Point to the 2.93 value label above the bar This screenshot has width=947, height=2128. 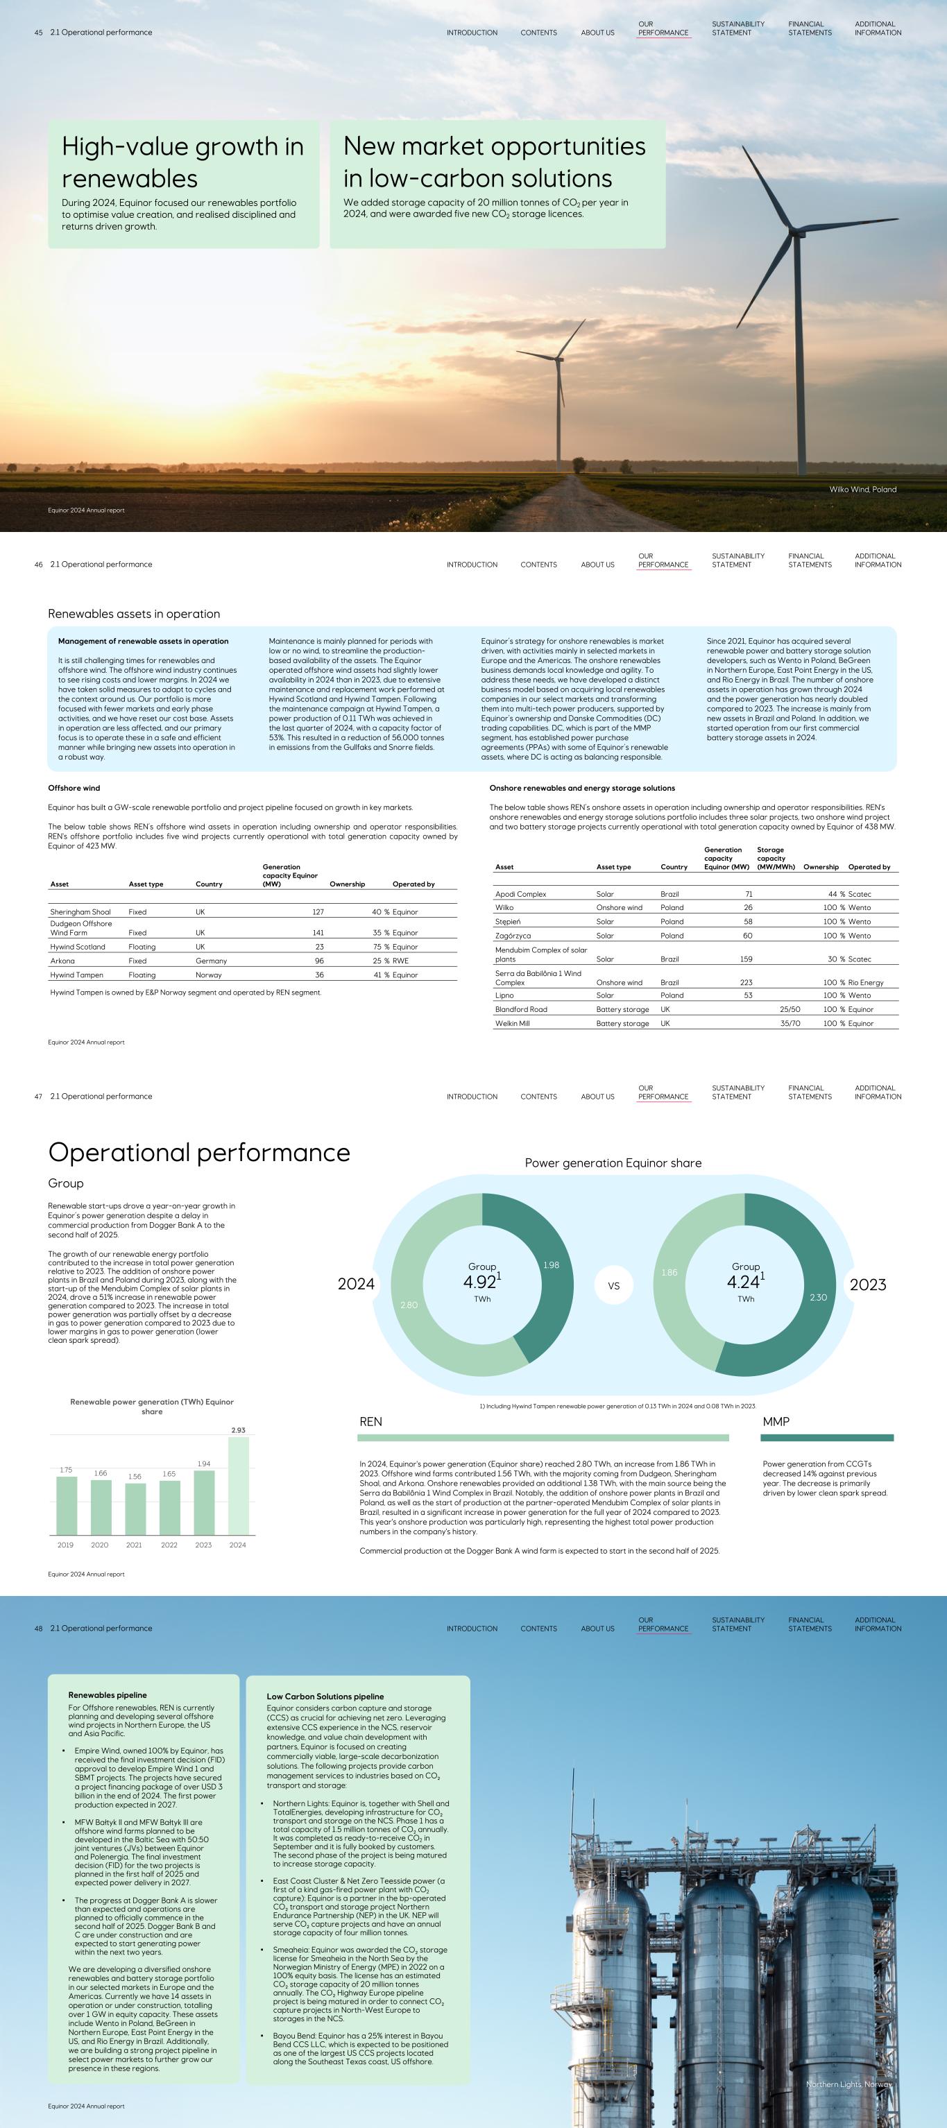238,1430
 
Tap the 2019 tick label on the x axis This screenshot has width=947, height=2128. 65,1545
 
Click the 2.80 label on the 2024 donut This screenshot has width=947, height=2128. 409,1305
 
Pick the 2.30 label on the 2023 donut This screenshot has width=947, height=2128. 818,1297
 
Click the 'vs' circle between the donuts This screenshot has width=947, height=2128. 613,1285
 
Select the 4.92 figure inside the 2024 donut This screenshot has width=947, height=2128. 480,1282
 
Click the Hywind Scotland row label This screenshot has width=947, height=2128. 78,947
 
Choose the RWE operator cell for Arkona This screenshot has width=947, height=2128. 401,961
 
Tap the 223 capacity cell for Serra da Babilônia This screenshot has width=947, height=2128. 746,982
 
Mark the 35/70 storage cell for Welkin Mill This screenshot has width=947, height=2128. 790,1024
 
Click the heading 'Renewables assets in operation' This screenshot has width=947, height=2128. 134,614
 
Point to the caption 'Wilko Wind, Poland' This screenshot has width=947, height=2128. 863,489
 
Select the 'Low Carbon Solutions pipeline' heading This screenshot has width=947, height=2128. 325,1696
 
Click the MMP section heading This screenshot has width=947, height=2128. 776,1422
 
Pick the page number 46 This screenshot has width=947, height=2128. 39,565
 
